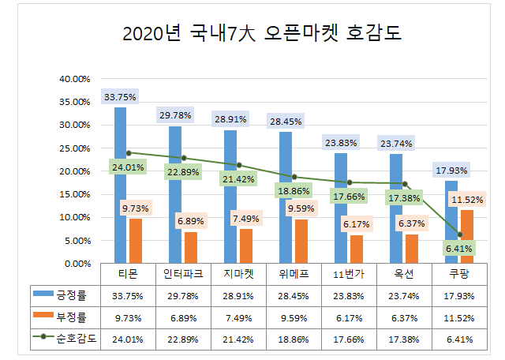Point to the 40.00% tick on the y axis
pyautogui.click(x=75, y=79)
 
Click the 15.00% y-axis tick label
pyautogui.click(x=75, y=194)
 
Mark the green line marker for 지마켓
pyautogui.click(x=239, y=165)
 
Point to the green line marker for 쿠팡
pyautogui.click(x=459, y=234)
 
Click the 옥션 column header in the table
pyautogui.click(x=405, y=274)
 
